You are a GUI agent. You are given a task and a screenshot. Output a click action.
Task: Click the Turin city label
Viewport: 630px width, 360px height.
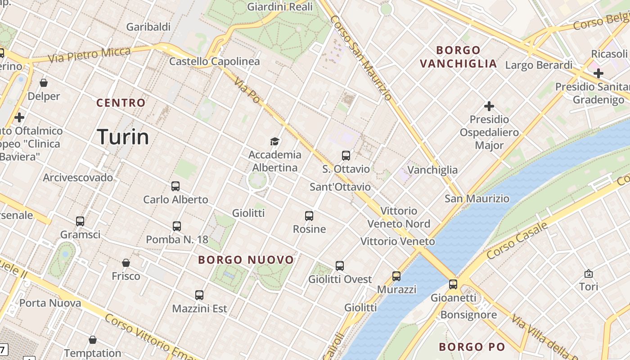[x=123, y=136]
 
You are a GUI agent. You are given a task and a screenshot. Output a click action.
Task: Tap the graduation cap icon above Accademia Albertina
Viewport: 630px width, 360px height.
[x=274, y=141]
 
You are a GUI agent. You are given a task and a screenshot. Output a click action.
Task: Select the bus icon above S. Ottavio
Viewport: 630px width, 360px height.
[x=346, y=156]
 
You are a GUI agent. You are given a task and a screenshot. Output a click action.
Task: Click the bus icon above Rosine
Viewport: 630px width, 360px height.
[x=309, y=216]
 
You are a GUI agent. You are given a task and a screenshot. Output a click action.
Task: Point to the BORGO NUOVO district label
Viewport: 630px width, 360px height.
[x=246, y=260]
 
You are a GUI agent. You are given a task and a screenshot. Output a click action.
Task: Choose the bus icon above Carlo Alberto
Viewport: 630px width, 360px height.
[x=175, y=186]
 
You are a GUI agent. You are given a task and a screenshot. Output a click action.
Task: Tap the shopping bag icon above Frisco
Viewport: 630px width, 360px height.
[x=126, y=263]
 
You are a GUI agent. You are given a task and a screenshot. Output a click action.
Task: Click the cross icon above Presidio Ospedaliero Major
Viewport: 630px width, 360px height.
[x=489, y=106]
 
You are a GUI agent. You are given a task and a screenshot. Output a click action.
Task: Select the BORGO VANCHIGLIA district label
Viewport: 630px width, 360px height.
[x=458, y=57]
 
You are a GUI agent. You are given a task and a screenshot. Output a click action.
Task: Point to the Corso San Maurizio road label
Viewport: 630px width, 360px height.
[x=361, y=58]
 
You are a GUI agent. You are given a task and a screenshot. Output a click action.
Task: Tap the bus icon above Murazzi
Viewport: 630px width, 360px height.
[x=396, y=276]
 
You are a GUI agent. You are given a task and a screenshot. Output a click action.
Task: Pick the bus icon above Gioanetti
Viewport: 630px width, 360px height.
[x=453, y=284]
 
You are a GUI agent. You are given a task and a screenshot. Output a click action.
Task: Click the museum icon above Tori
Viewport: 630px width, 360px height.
[x=588, y=273]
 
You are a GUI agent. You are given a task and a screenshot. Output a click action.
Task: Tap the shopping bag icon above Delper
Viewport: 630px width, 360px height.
[x=44, y=83]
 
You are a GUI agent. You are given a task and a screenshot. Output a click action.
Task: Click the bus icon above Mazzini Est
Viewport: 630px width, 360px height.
[x=199, y=295]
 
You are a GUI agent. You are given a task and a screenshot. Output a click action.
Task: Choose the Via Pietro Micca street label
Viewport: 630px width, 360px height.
[x=89, y=54]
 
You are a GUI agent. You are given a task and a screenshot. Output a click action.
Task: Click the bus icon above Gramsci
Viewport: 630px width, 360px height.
[x=80, y=221]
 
